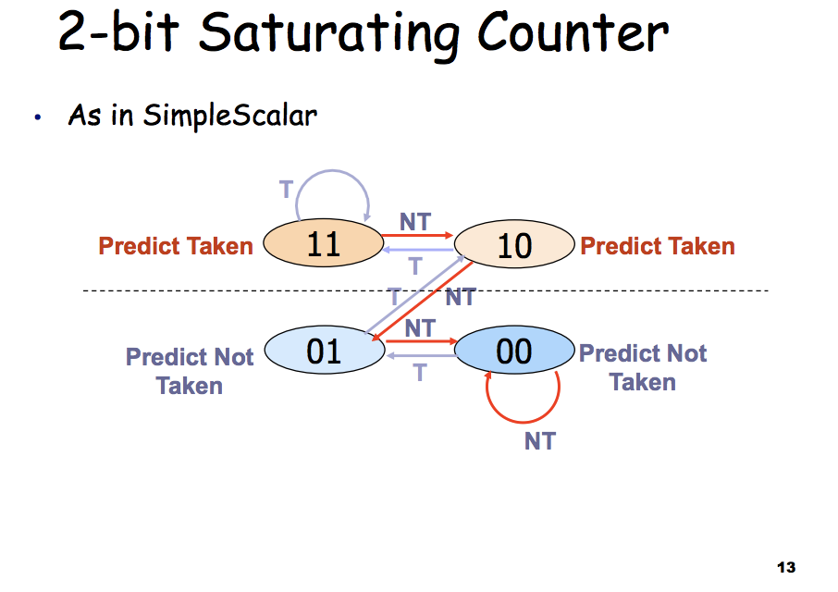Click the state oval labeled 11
[324, 243]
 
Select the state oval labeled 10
[514, 244]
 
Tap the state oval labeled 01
[325, 350]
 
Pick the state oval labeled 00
[514, 350]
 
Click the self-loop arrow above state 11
[332, 171]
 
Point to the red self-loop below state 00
[523, 422]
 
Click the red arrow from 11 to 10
[417, 235]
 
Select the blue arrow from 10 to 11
[418, 250]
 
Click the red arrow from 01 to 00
[421, 341]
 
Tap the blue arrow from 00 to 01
[421, 355]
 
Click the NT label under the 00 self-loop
[540, 441]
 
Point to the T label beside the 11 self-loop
[287, 190]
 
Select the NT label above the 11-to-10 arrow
[415, 222]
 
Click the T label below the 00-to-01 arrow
[420, 373]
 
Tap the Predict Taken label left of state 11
[176, 246]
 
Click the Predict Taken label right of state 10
[658, 246]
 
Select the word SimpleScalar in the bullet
[229, 115]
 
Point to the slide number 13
[786, 567]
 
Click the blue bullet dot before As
[37, 117]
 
